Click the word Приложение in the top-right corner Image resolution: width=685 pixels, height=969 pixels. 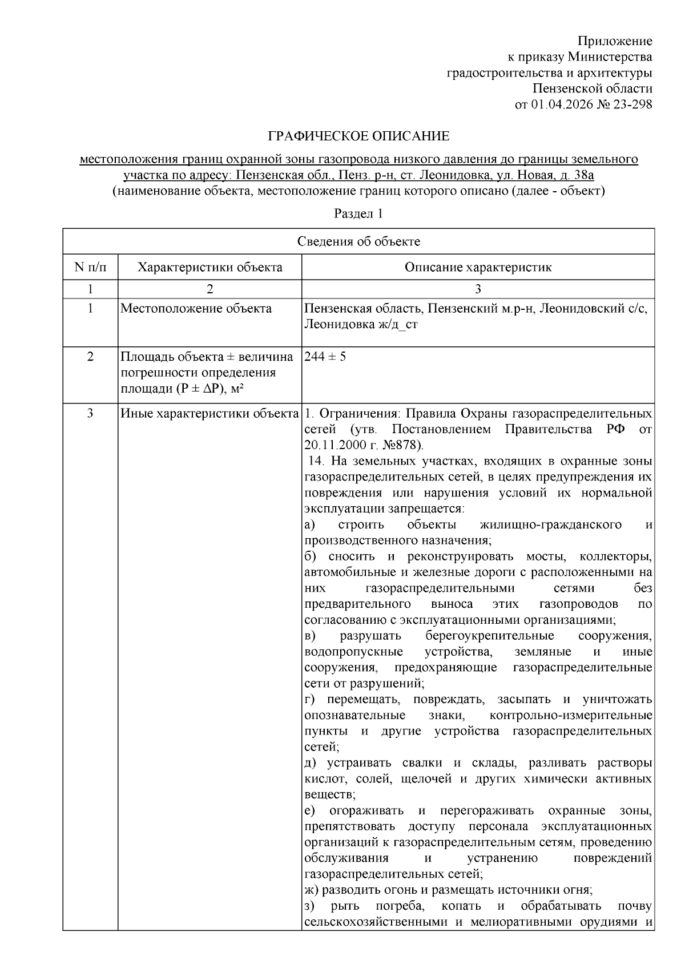click(615, 41)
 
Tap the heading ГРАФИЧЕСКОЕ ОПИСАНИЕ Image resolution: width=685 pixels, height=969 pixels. click(358, 136)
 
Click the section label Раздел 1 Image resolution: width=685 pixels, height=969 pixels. click(358, 214)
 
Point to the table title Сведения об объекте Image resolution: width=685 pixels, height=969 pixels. click(358, 241)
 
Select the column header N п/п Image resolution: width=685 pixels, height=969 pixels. click(90, 267)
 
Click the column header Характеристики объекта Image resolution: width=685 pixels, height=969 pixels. click(210, 267)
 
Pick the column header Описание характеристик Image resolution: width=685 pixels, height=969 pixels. click(478, 267)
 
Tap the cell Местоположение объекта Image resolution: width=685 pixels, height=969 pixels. click(196, 309)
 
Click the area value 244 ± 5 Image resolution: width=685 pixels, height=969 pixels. click(325, 357)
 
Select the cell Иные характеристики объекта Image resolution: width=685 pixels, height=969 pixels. click(210, 413)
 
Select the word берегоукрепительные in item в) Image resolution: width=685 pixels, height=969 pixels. click(489, 636)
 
